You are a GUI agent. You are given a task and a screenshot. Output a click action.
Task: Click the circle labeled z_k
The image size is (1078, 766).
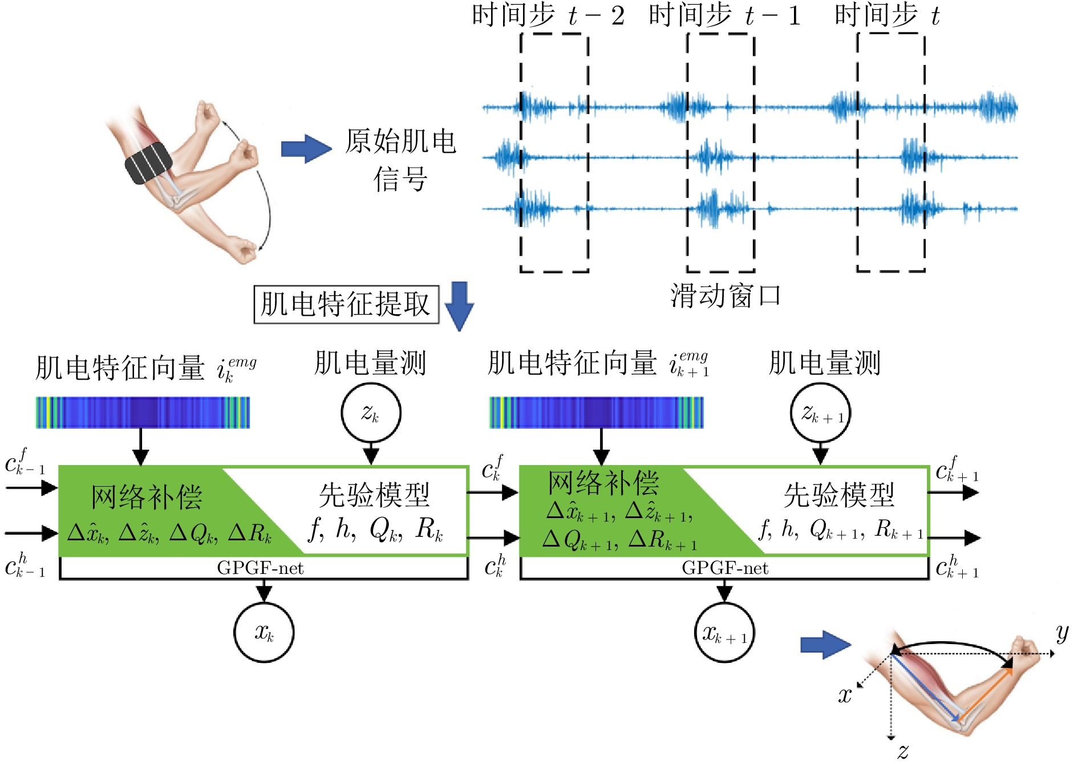tap(371, 413)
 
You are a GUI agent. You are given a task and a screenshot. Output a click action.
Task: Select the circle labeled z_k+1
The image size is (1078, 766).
tap(820, 413)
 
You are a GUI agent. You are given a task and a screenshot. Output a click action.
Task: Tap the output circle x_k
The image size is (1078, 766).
tap(264, 632)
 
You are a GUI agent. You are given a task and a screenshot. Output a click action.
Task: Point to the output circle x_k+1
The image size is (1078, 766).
tap(724, 632)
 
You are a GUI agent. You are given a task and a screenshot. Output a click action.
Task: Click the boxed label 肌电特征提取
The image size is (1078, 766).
tap(346, 304)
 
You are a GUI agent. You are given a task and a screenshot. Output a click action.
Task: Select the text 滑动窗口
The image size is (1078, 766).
tap(725, 296)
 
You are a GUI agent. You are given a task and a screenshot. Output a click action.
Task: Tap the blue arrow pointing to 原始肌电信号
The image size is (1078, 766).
tap(306, 149)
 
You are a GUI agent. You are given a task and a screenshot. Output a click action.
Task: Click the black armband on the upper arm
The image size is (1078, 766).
tap(149, 163)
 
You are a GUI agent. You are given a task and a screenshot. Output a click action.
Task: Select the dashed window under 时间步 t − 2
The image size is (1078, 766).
tap(554, 152)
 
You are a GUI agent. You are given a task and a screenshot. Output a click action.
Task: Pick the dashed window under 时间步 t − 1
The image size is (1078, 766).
tap(720, 152)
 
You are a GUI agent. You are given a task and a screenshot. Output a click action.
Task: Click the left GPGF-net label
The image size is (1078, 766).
tap(260, 568)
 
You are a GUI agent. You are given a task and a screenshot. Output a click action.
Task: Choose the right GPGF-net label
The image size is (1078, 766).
tap(725, 568)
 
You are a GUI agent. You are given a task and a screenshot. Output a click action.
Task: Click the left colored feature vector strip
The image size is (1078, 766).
tap(143, 413)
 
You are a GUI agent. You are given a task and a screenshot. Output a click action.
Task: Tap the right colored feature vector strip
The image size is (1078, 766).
tap(597, 413)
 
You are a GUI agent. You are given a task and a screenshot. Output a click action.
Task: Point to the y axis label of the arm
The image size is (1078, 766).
tap(1061, 632)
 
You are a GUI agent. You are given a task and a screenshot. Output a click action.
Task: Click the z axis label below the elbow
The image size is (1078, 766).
tap(902, 751)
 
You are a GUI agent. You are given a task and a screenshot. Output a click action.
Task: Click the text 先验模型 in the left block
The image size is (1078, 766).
tap(374, 495)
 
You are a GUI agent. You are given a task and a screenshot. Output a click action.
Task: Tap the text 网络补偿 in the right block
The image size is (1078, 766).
tap(603, 483)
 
